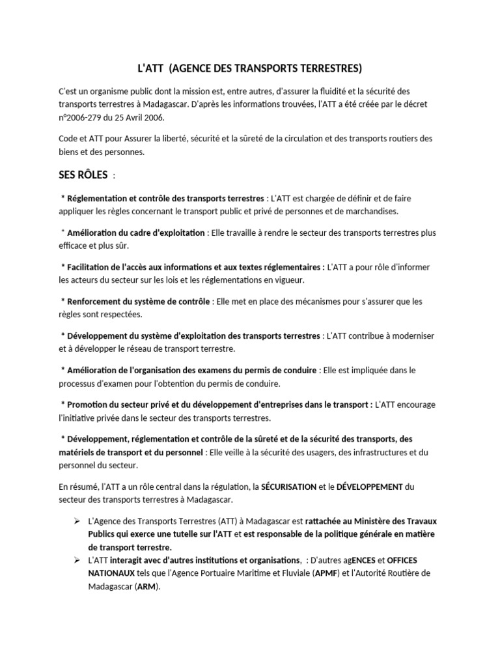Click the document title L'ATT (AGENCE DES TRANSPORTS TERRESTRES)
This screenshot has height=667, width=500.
point(250,68)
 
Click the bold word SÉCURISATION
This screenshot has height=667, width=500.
point(288,487)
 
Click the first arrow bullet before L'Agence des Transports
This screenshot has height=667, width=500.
point(77,521)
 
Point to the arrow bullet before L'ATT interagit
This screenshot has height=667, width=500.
point(77,560)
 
